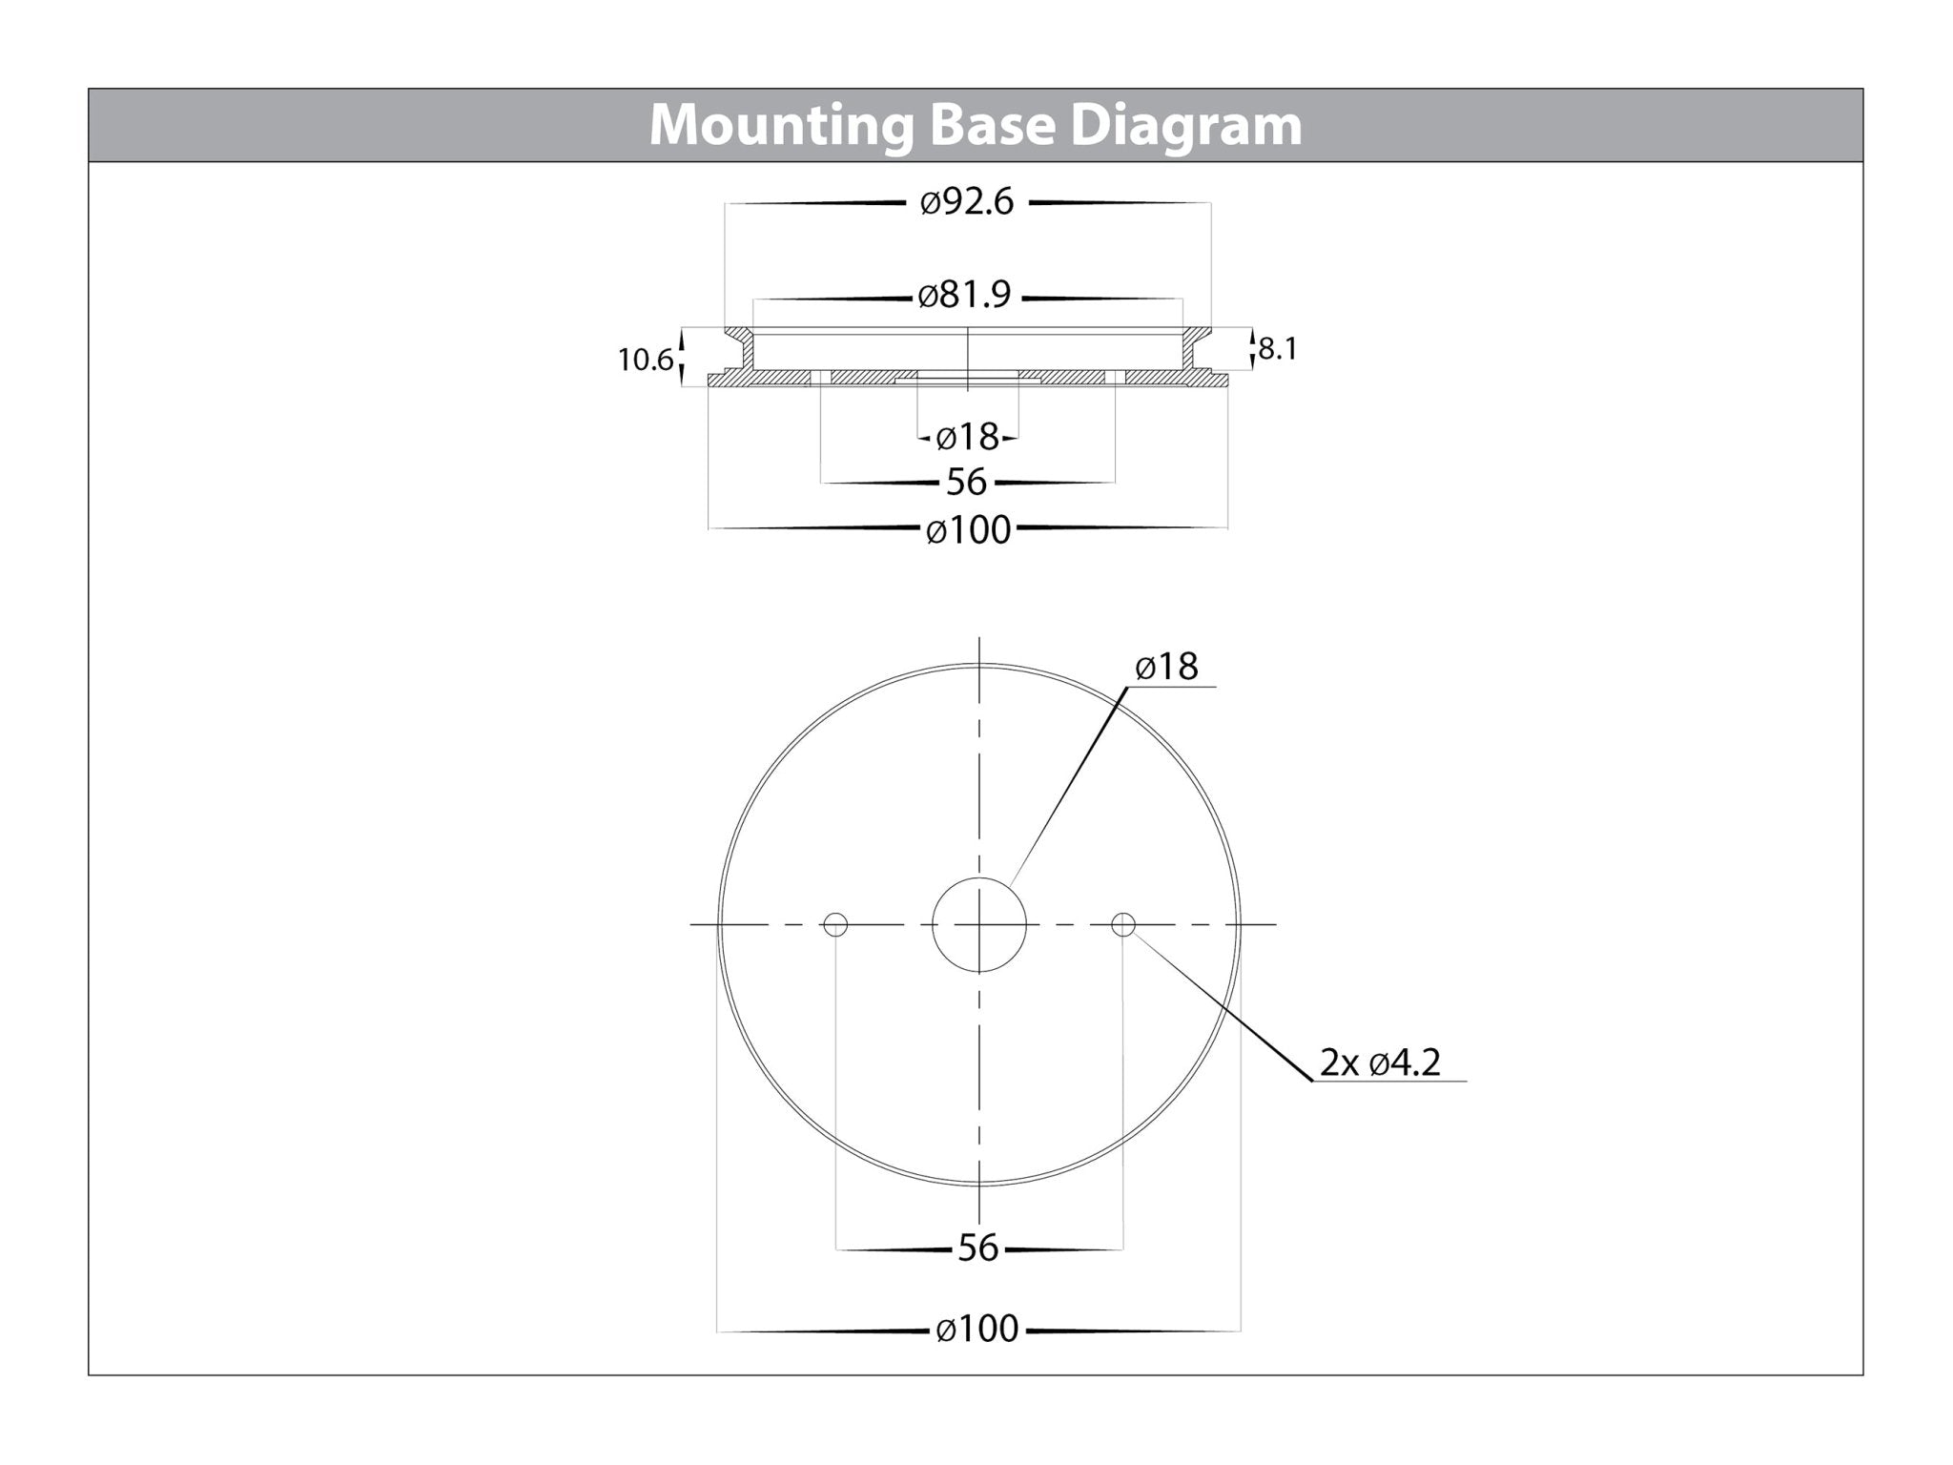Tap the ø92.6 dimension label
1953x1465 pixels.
[967, 202]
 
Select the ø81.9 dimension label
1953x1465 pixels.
[964, 296]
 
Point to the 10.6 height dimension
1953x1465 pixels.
[646, 361]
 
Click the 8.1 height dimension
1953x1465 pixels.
[1278, 349]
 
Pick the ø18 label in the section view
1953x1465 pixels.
[967, 437]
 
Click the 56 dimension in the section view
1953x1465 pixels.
[966, 482]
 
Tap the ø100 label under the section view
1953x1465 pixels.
[968, 529]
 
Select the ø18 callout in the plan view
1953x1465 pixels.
[1166, 666]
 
